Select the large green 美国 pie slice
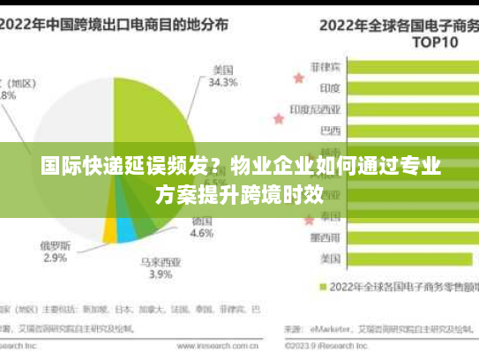tap(154, 124)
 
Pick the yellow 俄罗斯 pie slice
tap(109, 231)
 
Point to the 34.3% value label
tap(223, 83)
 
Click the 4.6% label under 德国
tap(202, 234)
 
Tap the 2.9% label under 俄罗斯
tap(55, 258)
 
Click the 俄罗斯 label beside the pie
tap(56, 245)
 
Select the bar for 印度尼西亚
tap(414, 109)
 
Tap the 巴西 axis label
tap(330, 131)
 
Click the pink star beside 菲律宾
tap(298, 78)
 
